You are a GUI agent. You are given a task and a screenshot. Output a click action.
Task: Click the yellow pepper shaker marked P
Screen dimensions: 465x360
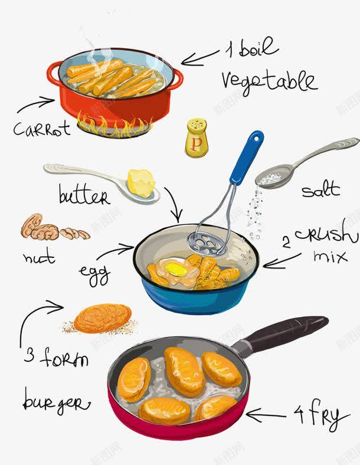tap(197, 139)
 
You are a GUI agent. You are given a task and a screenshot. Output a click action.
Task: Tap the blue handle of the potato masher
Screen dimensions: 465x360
tap(247, 156)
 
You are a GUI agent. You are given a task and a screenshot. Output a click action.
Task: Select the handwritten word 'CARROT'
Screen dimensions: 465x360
tap(41, 128)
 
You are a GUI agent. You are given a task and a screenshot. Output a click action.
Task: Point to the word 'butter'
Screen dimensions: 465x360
tap(84, 195)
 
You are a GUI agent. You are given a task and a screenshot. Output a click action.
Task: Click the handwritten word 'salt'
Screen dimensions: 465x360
tap(320, 190)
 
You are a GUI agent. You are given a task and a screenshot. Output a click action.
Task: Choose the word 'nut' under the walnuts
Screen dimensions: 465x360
tap(39, 257)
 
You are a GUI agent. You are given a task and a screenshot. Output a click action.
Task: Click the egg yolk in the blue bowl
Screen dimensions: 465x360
tap(176, 270)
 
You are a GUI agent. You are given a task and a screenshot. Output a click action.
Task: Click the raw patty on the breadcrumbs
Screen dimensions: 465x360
tap(103, 318)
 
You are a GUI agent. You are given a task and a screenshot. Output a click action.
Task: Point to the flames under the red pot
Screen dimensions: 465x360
tap(115, 125)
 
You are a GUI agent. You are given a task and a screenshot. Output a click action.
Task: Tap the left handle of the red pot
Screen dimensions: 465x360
tap(53, 74)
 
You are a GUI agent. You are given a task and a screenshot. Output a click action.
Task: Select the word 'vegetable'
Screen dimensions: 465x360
tap(269, 81)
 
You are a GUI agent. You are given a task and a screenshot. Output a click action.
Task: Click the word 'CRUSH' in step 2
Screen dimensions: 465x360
tap(326, 236)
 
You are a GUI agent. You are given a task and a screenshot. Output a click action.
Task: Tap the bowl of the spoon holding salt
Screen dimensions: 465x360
tap(274, 176)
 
